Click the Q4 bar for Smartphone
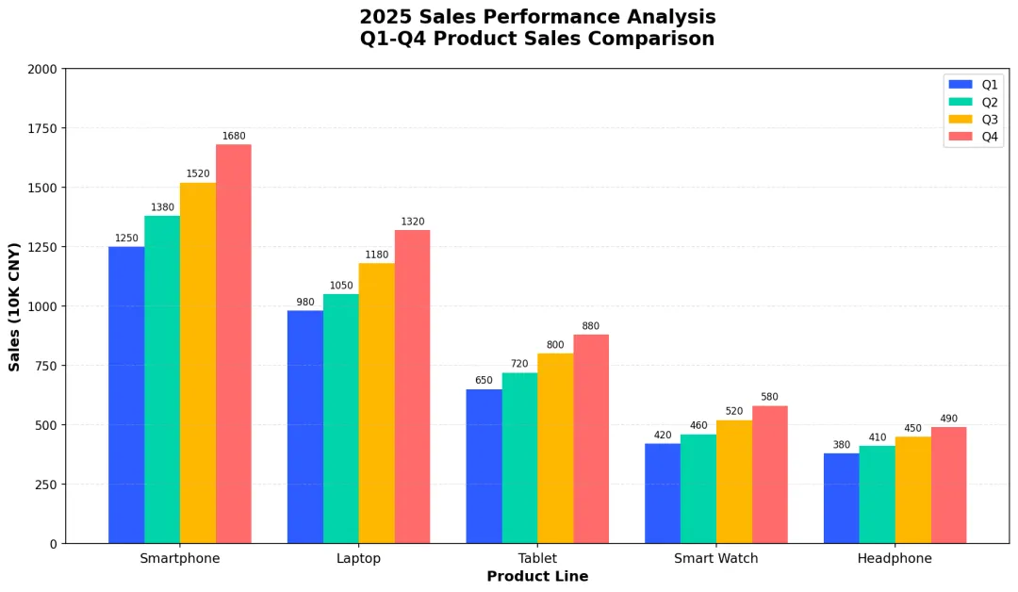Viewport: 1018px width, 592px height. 234,344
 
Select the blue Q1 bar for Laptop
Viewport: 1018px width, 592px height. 304,427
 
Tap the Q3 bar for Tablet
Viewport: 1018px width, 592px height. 555,449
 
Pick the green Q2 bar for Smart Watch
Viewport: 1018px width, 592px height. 698,488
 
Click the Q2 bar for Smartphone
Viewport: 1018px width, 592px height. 162,380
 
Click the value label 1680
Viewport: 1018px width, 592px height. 234,137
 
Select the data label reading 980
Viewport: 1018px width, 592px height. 304,303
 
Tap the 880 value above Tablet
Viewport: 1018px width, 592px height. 591,326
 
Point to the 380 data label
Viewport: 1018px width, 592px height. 841,445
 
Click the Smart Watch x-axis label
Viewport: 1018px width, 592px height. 715,558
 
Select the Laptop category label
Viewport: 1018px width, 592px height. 358,558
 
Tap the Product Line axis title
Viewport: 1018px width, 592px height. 537,577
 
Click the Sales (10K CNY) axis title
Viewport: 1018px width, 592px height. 15,306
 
